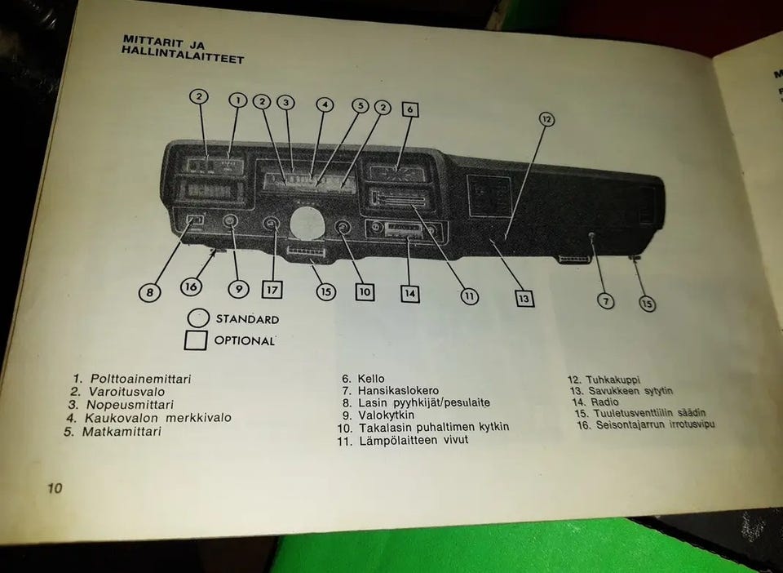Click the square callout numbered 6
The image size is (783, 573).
coord(410,110)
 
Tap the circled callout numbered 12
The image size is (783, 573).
coord(546,119)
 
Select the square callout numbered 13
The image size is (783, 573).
coord(524,299)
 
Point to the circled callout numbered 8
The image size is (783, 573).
coord(150,291)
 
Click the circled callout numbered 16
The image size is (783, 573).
coord(192,287)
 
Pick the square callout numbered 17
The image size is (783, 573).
coord(272,289)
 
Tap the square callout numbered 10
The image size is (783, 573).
coord(365,291)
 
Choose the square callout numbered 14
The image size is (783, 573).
coord(409,292)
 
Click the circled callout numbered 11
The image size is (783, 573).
coord(469,296)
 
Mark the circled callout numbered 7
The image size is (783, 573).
coord(605,301)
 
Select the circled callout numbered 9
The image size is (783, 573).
coord(237,289)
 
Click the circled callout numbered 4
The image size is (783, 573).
coord(325,104)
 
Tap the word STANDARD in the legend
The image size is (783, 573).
coord(246,319)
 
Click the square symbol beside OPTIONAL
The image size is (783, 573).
coord(196,340)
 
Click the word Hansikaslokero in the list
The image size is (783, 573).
coord(398,391)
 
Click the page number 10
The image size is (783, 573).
coord(54,489)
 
